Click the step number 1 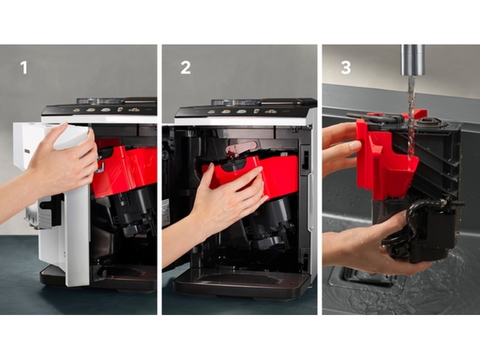tap(24, 68)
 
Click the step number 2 tap(185, 68)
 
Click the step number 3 tap(346, 68)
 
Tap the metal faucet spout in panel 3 tap(413, 60)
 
